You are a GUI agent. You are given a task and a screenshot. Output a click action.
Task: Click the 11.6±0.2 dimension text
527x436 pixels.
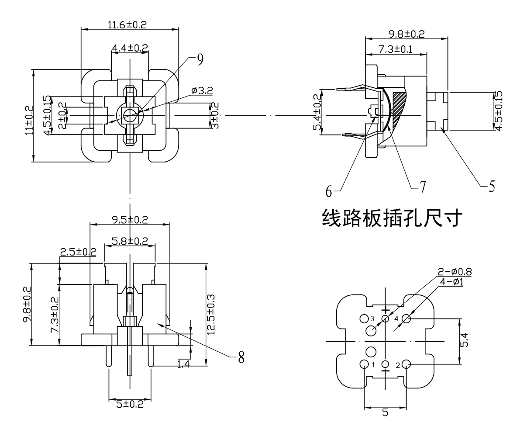(x=127, y=25)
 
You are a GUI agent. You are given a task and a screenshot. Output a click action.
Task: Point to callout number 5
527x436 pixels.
(x=491, y=187)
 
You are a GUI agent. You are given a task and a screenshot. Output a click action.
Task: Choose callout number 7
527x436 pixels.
(x=422, y=187)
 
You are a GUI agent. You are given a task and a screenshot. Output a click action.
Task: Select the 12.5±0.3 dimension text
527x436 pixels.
(x=212, y=314)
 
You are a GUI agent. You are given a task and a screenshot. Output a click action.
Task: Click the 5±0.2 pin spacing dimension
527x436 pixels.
(x=130, y=404)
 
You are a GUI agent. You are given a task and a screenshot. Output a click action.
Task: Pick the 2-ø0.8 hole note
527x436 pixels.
(x=454, y=272)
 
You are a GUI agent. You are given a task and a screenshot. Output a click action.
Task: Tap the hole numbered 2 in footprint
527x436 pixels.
(x=406, y=364)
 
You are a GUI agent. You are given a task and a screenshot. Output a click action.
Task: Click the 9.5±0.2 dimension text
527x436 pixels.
(x=129, y=220)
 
